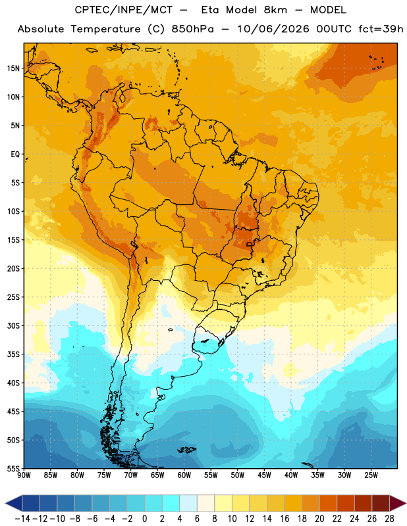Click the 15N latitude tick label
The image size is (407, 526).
coord(13,68)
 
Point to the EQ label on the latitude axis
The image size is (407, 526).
coord(15,155)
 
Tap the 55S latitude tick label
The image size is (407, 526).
coord(13,468)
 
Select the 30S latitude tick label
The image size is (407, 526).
coord(13,325)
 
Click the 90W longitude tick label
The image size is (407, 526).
coord(24,475)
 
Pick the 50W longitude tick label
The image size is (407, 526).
coord(237,475)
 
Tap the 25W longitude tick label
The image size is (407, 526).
coord(371,475)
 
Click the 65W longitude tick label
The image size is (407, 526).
coord(157,475)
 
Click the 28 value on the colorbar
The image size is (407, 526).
coord(389,519)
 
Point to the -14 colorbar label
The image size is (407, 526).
coord(22,519)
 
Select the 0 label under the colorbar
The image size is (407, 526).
coord(144,519)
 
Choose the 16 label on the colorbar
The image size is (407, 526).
coord(285,519)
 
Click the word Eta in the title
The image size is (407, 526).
coord(210,10)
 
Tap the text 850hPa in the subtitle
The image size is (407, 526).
coord(192,29)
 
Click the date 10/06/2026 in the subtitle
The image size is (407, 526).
coord(273,29)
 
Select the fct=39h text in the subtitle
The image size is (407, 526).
coord(381,29)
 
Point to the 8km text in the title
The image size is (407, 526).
coord(275,10)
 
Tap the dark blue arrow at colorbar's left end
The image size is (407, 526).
coord(14,503)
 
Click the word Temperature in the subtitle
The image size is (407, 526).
coord(105,30)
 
